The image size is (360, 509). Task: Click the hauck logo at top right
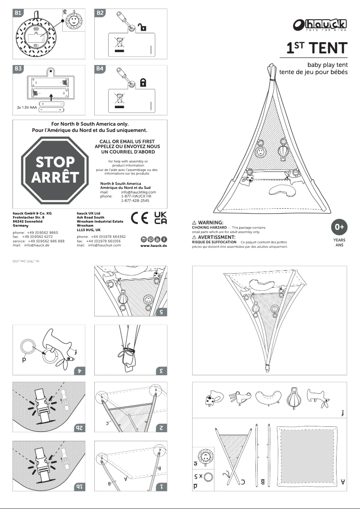click(320, 25)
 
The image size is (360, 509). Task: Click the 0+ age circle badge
click(339, 227)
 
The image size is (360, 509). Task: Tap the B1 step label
click(18, 13)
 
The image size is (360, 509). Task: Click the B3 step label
click(18, 69)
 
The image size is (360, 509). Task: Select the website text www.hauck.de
click(154, 246)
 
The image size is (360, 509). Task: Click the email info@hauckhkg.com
click(138, 192)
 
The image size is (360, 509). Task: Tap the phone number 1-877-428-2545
click(135, 201)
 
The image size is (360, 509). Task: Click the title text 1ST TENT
click(317, 48)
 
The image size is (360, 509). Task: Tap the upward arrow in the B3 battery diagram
click(51, 96)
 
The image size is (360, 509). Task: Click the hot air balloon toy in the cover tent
click(283, 152)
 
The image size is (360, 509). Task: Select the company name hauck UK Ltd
click(88, 213)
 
